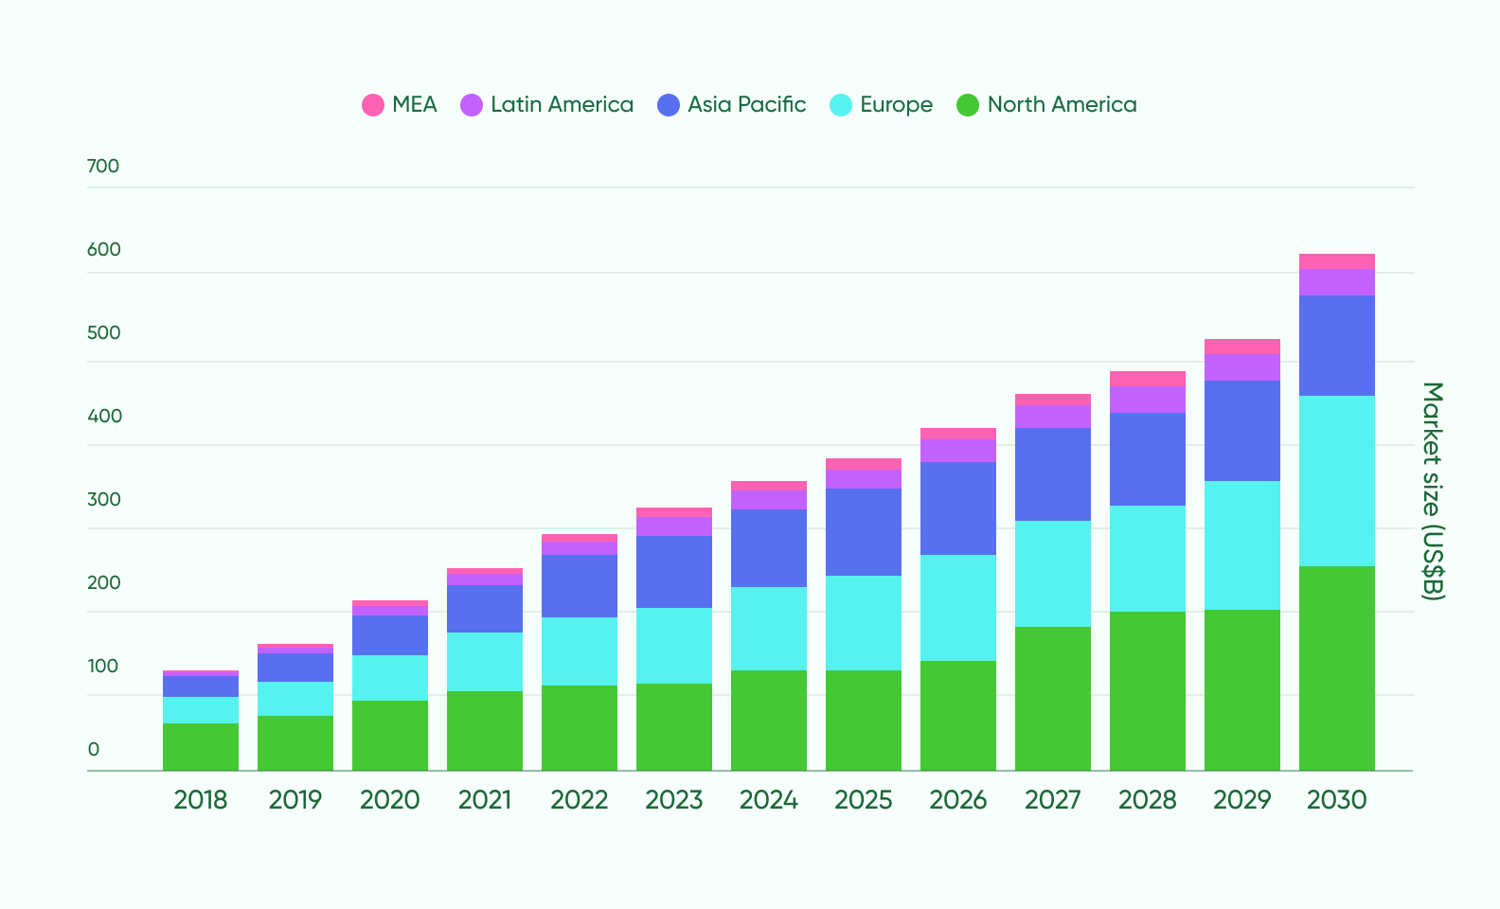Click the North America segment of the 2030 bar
pyautogui.click(x=1336, y=668)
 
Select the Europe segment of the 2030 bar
pyautogui.click(x=1336, y=481)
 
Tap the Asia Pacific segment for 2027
pyautogui.click(x=1052, y=473)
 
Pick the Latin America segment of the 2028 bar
pyautogui.click(x=1147, y=399)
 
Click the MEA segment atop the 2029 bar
pyautogui.click(x=1241, y=347)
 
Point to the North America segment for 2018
pyautogui.click(x=200, y=746)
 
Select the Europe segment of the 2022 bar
pyautogui.click(x=579, y=651)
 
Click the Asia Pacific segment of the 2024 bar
pyautogui.click(x=768, y=547)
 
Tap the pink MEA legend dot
pyautogui.click(x=373, y=105)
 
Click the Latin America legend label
pyautogui.click(x=562, y=105)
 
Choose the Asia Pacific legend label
pyautogui.click(x=746, y=105)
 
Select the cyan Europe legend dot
pyautogui.click(x=841, y=105)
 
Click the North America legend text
pyautogui.click(x=1062, y=105)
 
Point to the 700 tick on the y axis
pyautogui.click(x=103, y=167)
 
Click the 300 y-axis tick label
pyautogui.click(x=104, y=500)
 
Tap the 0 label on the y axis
pyautogui.click(x=94, y=750)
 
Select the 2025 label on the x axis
pyautogui.click(x=863, y=800)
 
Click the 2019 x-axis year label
pyautogui.click(x=295, y=800)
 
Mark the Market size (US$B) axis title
pyautogui.click(x=1433, y=490)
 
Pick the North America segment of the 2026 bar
pyautogui.click(x=957, y=715)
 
